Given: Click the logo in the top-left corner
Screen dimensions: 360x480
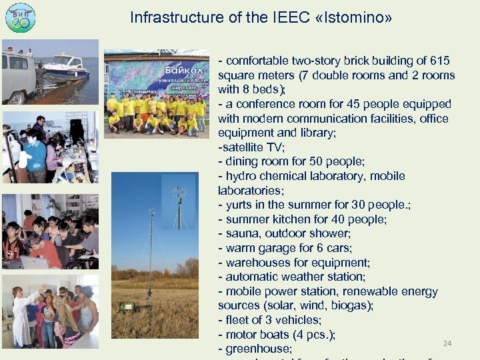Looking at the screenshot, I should point(20,17).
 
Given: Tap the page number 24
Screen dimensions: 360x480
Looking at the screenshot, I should point(448,343).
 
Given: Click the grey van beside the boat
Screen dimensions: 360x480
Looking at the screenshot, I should point(18,75).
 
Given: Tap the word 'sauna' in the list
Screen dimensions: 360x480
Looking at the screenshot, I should point(243,233).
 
